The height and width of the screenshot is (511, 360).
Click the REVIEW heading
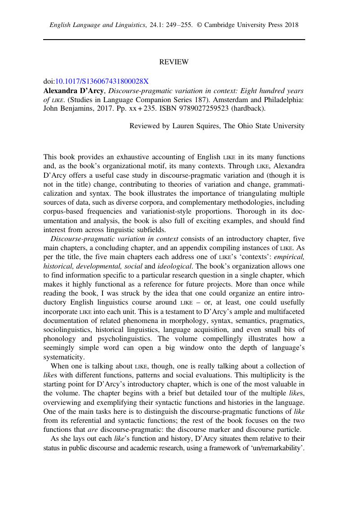pyautogui.click(x=174, y=62)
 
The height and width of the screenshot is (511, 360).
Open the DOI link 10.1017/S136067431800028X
pyautogui.click(x=102, y=81)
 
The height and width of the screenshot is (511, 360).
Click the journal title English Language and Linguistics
pyautogui.click(x=97, y=25)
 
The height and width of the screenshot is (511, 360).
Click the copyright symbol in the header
pyautogui.click(x=200, y=25)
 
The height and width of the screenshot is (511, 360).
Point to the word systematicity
pyautogui.click(x=64, y=357)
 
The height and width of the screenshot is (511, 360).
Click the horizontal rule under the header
pyautogui.click(x=174, y=40)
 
